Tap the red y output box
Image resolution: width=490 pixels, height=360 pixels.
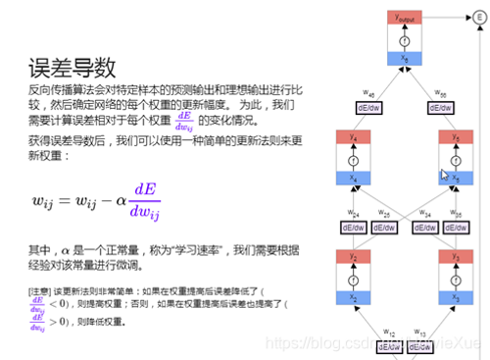[403, 18]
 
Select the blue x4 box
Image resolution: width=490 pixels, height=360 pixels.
[353, 178]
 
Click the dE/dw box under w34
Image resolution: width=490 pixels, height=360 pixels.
[419, 228]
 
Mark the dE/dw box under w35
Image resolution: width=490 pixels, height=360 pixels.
[453, 228]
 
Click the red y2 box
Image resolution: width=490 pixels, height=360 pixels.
[353, 256]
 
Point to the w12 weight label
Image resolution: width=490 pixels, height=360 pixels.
[390, 333]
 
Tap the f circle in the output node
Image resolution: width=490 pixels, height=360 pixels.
[403, 39]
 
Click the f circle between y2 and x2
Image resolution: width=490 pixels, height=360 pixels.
[353, 277]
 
